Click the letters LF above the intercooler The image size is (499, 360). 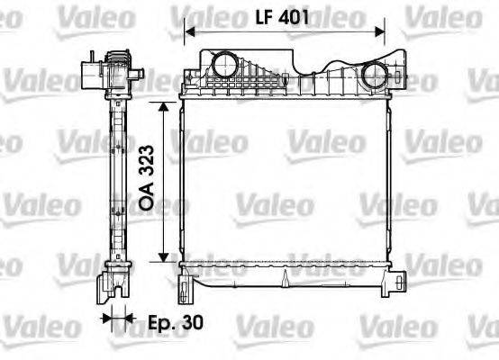click(262, 15)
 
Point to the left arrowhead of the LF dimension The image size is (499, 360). click(189, 33)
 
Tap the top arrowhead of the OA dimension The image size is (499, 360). click(163, 107)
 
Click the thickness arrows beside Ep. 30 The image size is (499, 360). click(116, 318)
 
